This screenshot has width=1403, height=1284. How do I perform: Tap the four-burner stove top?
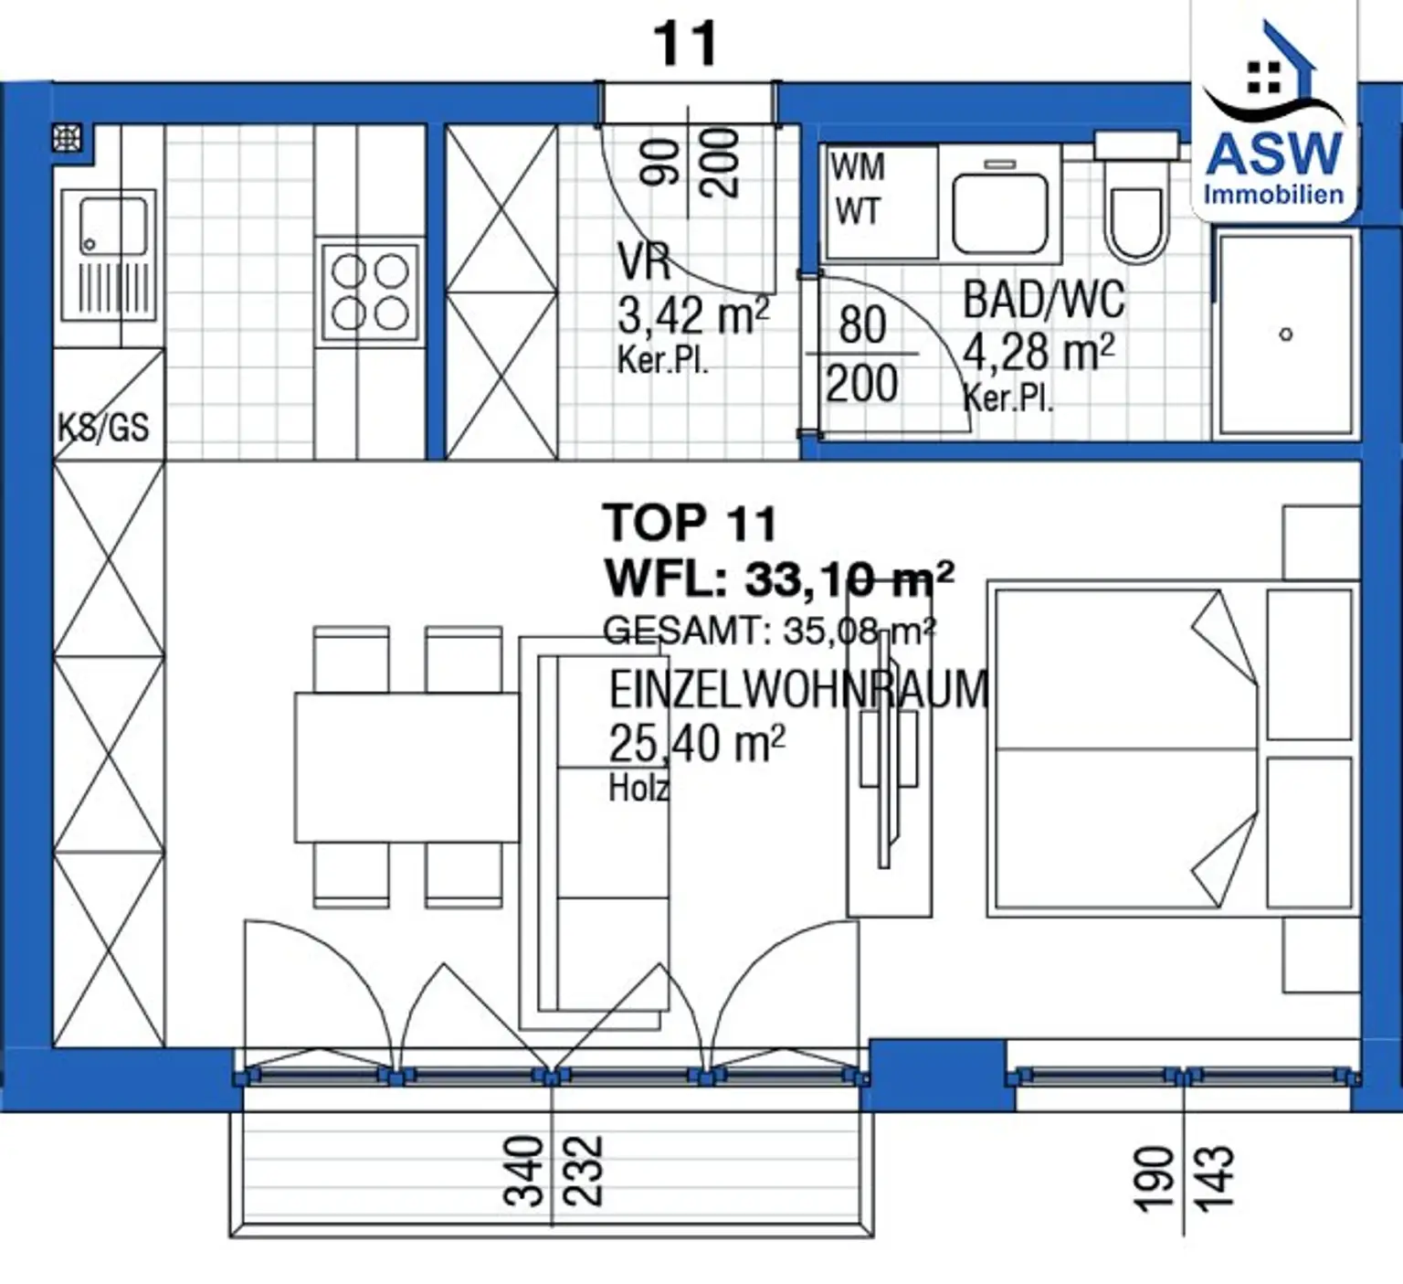point(370,292)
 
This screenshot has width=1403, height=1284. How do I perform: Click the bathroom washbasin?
point(1000,212)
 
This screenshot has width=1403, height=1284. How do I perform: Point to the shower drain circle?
point(1286,334)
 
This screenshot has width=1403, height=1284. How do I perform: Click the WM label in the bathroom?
point(858,167)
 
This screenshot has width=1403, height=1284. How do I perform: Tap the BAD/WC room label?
point(1043,301)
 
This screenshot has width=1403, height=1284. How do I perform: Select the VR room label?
point(644,261)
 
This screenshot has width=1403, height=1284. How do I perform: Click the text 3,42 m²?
point(693,316)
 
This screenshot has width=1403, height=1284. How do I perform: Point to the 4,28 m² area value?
point(1039,353)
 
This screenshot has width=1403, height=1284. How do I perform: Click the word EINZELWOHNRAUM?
point(798,689)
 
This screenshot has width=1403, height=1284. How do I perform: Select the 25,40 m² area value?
point(697,743)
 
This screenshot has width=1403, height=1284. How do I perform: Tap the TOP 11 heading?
point(690,524)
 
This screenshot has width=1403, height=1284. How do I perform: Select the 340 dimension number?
point(525,1171)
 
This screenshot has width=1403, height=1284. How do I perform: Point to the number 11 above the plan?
point(685,43)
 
